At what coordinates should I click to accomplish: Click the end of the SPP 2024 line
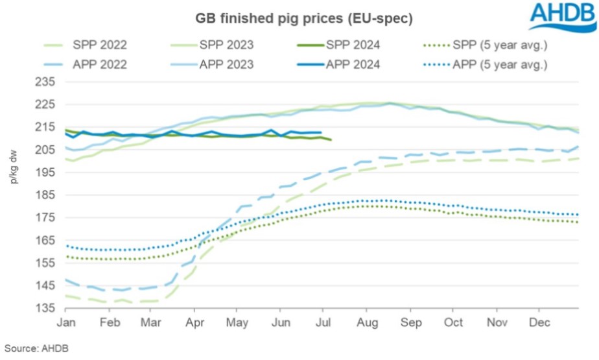(x=331, y=139)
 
